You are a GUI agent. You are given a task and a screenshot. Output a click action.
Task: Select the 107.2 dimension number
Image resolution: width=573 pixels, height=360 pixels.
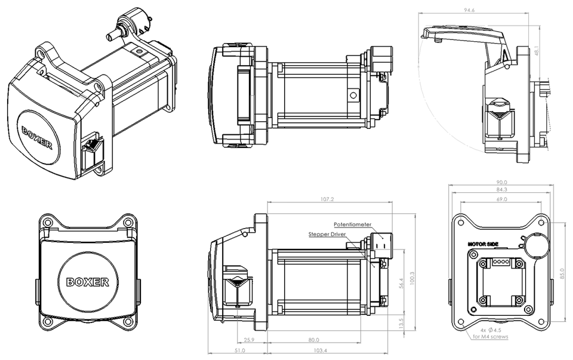click(327, 199)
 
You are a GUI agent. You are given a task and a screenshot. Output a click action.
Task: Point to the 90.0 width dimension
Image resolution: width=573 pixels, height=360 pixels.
click(502, 183)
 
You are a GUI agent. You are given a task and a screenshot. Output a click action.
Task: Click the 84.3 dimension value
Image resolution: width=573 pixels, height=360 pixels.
click(502, 190)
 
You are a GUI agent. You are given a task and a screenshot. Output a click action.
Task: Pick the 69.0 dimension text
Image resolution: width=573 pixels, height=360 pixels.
click(502, 199)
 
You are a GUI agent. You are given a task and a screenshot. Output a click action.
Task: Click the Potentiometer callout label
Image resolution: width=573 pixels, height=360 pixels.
click(352, 225)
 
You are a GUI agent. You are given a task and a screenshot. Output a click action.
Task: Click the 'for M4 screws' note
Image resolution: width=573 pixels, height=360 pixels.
click(491, 337)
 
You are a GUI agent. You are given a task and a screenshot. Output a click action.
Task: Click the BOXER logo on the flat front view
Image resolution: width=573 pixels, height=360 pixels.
click(87, 281)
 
